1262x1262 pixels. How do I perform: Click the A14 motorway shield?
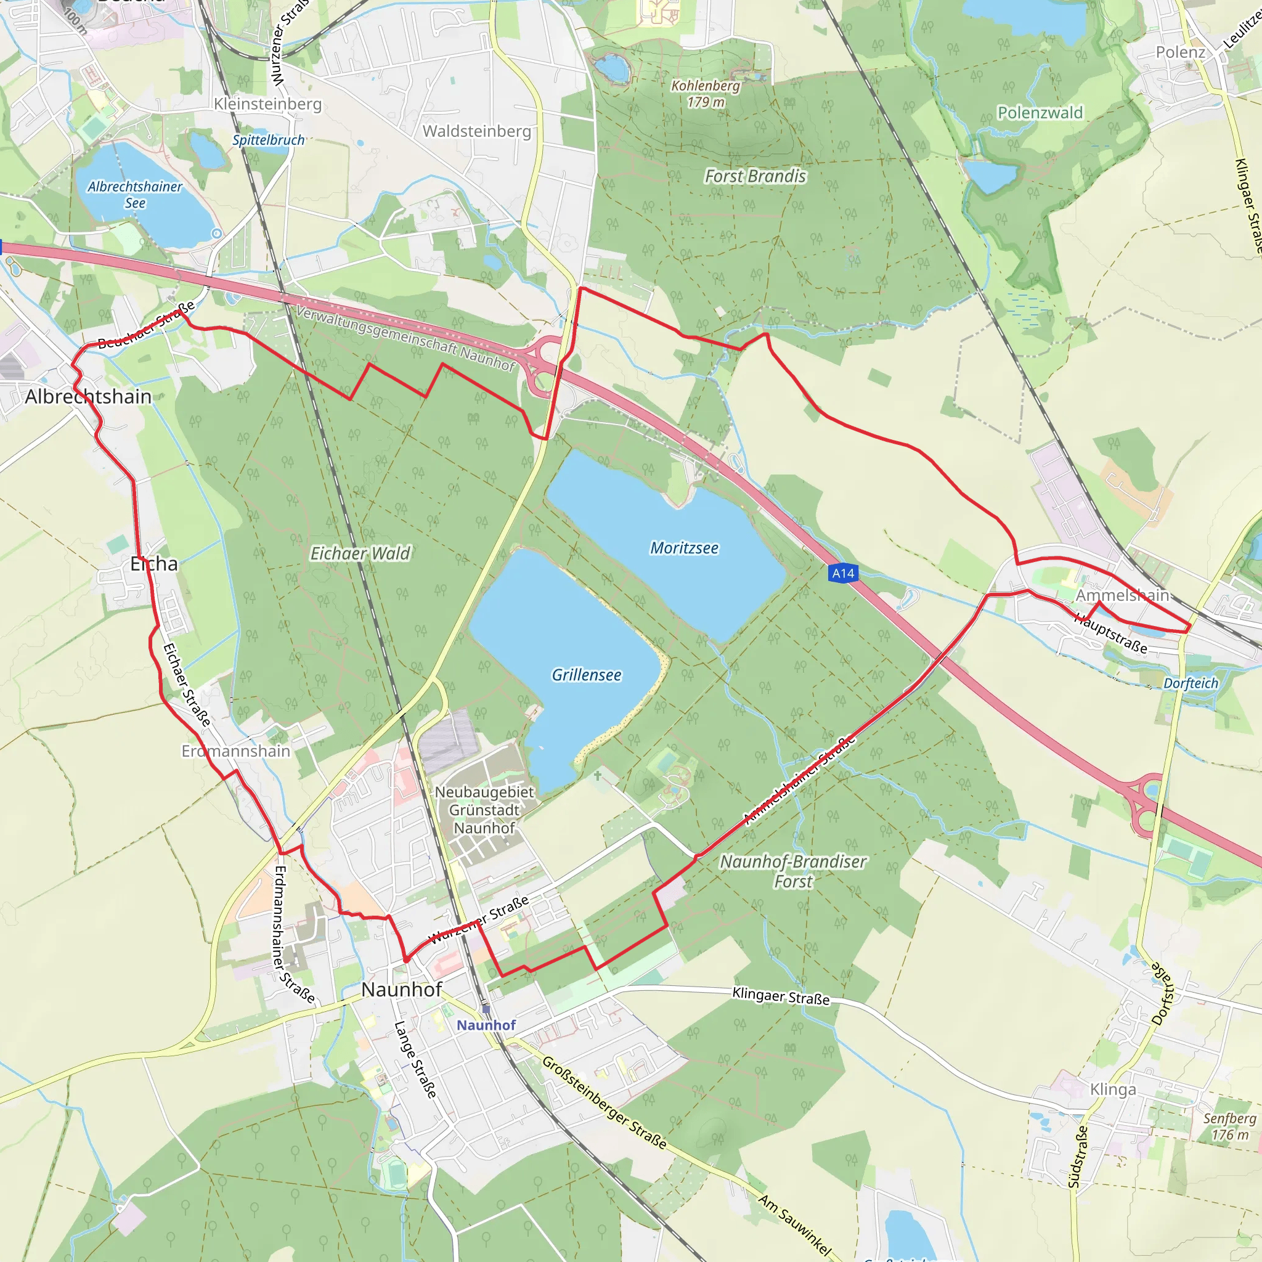coord(842,574)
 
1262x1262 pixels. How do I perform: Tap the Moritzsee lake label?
coord(684,548)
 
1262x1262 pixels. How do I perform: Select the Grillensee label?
coord(587,675)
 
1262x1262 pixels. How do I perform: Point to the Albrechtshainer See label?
coord(135,195)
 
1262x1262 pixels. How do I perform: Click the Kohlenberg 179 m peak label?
coord(706,94)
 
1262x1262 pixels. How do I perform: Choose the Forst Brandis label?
coord(755,176)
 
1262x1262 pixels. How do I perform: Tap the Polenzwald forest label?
coord(1040,113)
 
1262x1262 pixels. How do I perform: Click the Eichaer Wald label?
coord(360,553)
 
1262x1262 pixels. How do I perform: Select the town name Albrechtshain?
coord(88,396)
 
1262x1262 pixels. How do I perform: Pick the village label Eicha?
coord(153,564)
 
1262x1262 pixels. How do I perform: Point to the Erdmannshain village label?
coord(236,751)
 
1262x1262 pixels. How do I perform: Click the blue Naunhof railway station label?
coord(486,1025)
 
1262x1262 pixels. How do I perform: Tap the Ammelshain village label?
coord(1122,595)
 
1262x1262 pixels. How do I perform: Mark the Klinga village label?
coord(1113,1089)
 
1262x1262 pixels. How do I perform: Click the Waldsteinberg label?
coord(477,131)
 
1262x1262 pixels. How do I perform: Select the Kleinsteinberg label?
coord(268,104)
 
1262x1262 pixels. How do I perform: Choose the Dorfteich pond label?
coord(1191,683)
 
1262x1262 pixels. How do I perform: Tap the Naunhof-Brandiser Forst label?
coord(793,871)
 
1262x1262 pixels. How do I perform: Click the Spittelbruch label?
coord(269,140)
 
